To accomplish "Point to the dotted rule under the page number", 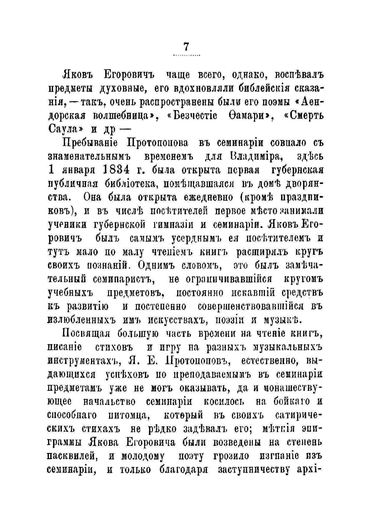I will click(x=186, y=55).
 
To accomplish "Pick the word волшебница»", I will click(x=124, y=115).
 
